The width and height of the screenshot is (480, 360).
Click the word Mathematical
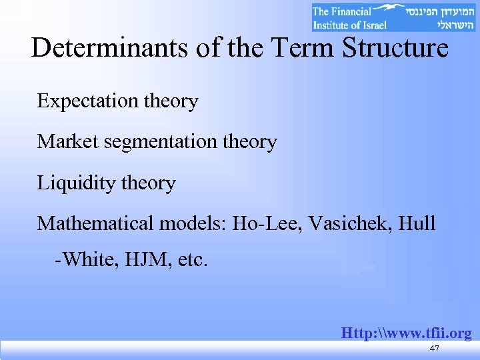[95, 223]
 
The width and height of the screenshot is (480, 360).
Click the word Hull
[417, 223]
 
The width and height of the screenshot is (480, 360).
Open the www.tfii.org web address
[406, 333]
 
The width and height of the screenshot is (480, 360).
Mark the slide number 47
[435, 349]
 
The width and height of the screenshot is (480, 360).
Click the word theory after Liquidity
[147, 183]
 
